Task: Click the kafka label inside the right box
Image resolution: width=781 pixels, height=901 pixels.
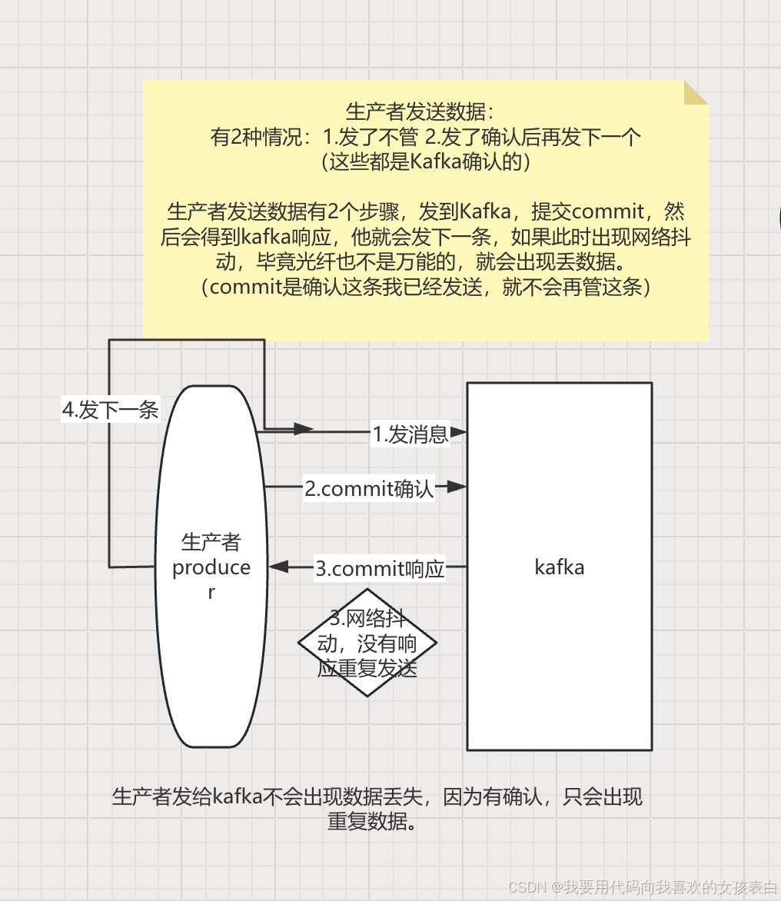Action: point(559,567)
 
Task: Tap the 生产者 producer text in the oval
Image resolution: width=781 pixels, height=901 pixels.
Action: point(211,567)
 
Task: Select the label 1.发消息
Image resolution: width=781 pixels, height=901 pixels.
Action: point(410,434)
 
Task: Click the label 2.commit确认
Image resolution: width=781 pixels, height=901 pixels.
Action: point(369,488)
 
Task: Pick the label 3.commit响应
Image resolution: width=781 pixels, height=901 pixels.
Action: point(380,569)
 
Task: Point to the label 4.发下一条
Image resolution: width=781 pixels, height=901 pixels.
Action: point(110,410)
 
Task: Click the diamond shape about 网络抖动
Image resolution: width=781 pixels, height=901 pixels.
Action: point(367,643)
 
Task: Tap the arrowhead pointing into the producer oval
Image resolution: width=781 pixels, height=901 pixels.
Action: point(278,567)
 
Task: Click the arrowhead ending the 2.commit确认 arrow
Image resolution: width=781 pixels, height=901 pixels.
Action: point(457,487)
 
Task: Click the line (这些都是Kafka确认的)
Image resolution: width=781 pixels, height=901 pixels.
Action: point(425,162)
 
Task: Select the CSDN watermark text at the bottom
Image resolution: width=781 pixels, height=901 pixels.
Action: point(643,886)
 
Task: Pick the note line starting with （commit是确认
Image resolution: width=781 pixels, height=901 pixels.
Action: point(425,288)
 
